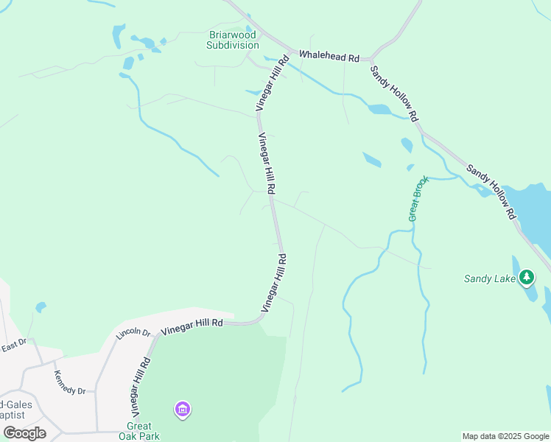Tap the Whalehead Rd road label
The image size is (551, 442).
coord(329,56)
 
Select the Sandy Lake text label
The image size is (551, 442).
coord(489,278)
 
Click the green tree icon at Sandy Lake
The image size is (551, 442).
coord(526,278)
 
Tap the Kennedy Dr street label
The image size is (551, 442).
coord(69,381)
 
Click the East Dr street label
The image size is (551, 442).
coord(13,344)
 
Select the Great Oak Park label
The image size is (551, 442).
coord(139,431)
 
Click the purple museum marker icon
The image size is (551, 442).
coord(183,408)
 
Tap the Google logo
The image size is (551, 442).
coord(25,433)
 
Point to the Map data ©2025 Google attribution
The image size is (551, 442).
coord(505,436)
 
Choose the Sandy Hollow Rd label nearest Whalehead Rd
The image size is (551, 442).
coord(394,93)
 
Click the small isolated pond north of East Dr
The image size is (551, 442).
coord(41,306)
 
